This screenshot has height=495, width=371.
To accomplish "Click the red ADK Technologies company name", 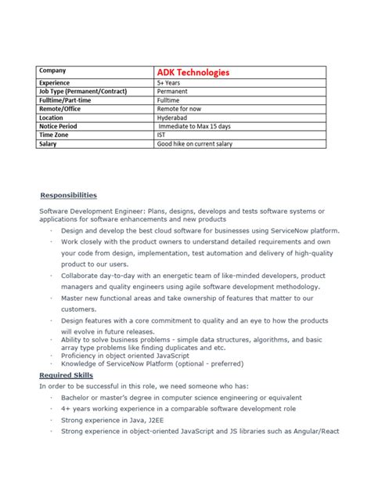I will pos(193,72).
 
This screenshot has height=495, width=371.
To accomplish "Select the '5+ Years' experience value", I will pos(171,82).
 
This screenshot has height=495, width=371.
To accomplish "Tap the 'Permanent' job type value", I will pos(175,92).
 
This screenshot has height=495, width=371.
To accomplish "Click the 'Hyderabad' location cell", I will pos(175,117).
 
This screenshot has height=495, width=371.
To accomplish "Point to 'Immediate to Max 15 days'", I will pos(196,125).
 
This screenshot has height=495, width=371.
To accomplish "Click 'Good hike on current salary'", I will pos(196,143).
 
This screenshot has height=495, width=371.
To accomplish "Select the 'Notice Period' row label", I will pos(59,125).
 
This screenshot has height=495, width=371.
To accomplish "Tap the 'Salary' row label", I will pos(49,143).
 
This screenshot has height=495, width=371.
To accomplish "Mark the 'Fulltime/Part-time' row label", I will pos(67,99).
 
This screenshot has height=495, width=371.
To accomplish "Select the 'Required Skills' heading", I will pos(67,377).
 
